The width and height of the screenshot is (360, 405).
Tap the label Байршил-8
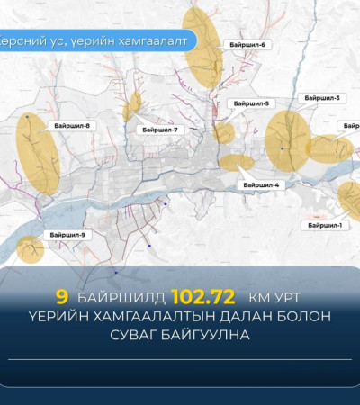(76, 126)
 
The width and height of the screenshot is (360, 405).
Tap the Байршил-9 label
(67, 235)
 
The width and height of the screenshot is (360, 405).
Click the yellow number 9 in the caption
(61, 294)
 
